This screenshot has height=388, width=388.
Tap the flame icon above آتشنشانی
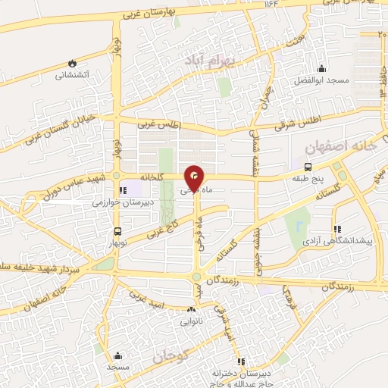(x=72, y=63)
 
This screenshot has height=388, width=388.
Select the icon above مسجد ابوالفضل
(x=321, y=67)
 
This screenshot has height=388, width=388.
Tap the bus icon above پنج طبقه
(x=307, y=167)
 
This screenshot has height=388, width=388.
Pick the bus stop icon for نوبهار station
(x=117, y=232)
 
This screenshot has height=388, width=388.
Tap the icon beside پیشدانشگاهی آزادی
(x=337, y=229)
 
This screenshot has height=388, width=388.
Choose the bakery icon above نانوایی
(x=191, y=309)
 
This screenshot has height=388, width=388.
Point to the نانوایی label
(x=191, y=321)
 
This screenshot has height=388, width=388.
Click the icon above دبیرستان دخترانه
(x=241, y=361)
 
